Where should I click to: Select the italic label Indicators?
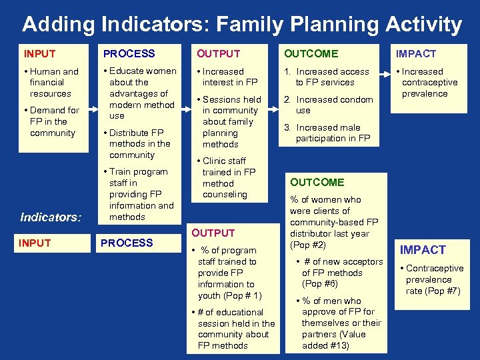coord(51,217)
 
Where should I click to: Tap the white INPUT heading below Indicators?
coord(35,243)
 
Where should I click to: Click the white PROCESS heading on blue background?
coord(127,243)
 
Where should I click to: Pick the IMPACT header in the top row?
coord(416,54)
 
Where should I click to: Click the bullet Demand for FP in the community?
coord(53,121)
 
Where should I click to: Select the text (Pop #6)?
coord(320,283)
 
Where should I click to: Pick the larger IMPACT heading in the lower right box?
coord(423,250)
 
